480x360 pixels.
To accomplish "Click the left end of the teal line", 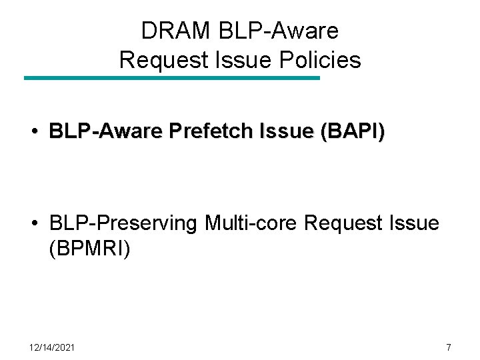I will click(x=26, y=78).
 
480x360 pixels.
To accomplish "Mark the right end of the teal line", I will click(x=318, y=78).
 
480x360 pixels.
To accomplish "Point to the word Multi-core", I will click(x=251, y=223).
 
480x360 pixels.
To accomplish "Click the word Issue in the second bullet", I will click(x=415, y=223).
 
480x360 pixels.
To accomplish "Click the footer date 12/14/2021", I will click(x=52, y=347).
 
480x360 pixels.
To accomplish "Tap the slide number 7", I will click(x=449, y=347).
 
